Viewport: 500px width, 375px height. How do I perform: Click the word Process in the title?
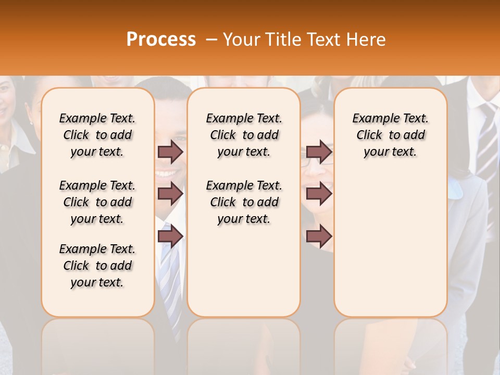[x=161, y=40]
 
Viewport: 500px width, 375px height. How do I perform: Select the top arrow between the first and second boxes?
[x=170, y=152]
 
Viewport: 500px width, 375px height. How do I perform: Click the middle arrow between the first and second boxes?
[x=170, y=194]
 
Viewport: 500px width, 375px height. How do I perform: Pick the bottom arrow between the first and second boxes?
[x=170, y=236]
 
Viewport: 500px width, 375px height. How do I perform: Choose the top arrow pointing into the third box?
[x=319, y=152]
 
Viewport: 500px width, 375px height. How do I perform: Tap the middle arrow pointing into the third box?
[x=319, y=194]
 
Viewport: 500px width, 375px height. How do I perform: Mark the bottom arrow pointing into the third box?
[x=319, y=236]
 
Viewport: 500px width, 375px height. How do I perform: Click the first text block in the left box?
[x=97, y=135]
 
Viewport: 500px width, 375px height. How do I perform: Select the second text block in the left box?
[x=97, y=202]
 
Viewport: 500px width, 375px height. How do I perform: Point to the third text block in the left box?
[x=97, y=266]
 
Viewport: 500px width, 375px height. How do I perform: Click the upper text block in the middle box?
[x=244, y=135]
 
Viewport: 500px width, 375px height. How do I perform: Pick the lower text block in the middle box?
[x=244, y=202]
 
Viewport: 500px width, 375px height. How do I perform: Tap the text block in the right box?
[x=390, y=135]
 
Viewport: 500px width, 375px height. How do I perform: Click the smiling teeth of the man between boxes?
[x=166, y=173]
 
